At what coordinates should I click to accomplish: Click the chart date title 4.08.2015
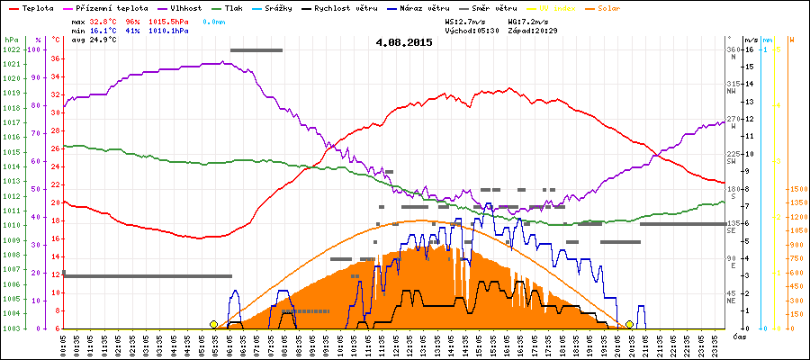(404, 42)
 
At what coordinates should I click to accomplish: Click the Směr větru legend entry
(493, 7)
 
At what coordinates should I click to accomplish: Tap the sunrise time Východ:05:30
(473, 30)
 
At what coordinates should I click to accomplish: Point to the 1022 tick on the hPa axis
(11, 49)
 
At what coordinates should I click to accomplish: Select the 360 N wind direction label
(733, 52)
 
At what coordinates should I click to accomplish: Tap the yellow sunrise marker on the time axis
(213, 324)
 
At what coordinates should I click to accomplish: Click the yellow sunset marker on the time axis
(629, 324)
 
